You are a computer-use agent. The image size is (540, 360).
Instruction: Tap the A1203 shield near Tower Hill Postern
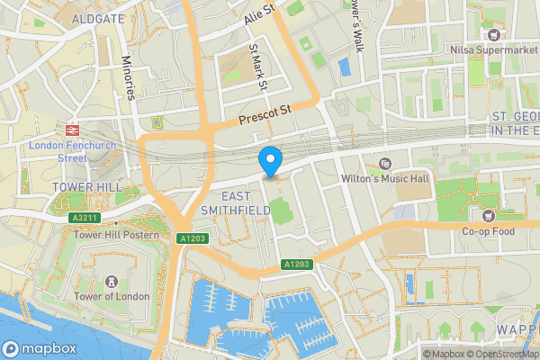[193, 238]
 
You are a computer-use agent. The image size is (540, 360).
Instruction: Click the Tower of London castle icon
[111, 283]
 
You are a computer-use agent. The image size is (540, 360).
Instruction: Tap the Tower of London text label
[112, 300]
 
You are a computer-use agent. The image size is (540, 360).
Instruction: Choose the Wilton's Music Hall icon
[385, 164]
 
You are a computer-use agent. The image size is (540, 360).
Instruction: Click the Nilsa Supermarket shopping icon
[493, 34]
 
